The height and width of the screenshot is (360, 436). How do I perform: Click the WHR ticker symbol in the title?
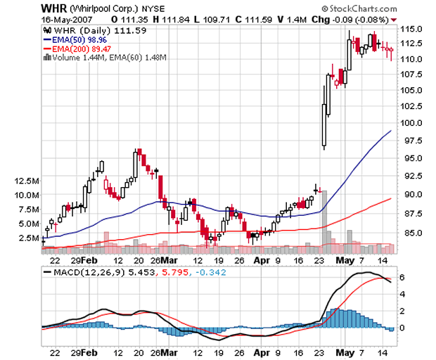54,8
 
